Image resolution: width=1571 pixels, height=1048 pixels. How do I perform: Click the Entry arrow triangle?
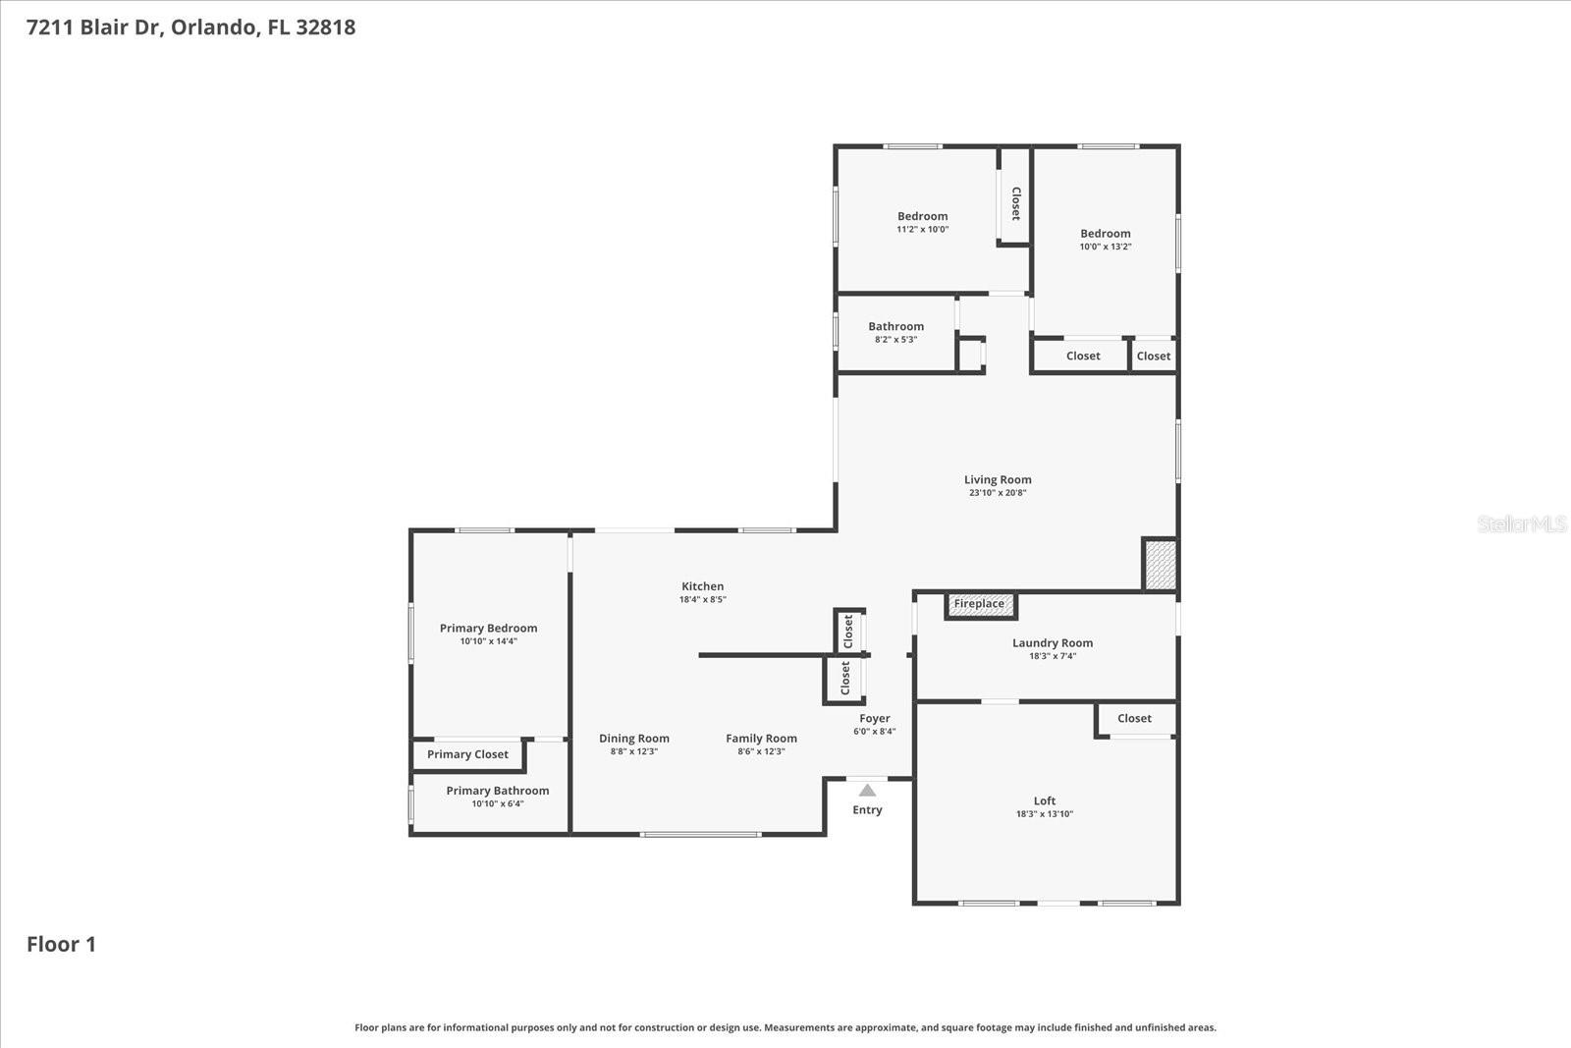867,790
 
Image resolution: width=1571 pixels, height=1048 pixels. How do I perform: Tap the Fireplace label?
979,603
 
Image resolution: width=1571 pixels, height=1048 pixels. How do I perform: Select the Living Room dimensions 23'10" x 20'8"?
998,493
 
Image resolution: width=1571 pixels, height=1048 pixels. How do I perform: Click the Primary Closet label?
467,754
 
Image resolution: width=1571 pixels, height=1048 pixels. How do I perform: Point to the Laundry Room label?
1053,643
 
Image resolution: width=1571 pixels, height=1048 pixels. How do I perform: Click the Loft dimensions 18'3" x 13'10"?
1045,814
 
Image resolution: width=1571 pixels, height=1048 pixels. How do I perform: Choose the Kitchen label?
703,586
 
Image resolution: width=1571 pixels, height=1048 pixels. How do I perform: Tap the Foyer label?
874,719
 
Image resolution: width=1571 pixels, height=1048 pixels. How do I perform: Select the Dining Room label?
634,739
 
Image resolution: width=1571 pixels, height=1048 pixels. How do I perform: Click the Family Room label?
761,739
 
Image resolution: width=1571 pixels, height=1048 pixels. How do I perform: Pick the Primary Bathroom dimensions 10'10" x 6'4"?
498,803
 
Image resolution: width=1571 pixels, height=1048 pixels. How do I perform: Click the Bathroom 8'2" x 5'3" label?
895,327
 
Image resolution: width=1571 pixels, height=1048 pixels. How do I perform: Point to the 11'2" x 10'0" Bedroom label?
922,217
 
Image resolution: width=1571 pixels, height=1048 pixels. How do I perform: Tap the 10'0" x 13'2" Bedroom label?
1106,234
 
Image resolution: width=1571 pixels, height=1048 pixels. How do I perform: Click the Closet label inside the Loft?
1134,718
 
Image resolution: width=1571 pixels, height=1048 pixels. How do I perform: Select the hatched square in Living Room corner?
1160,565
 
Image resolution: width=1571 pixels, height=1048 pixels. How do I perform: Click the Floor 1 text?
61,944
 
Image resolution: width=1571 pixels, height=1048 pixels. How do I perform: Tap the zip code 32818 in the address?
325,28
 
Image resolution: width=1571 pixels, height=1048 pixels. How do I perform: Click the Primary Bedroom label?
488,629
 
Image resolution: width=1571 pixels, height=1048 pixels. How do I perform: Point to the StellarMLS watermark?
1521,524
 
